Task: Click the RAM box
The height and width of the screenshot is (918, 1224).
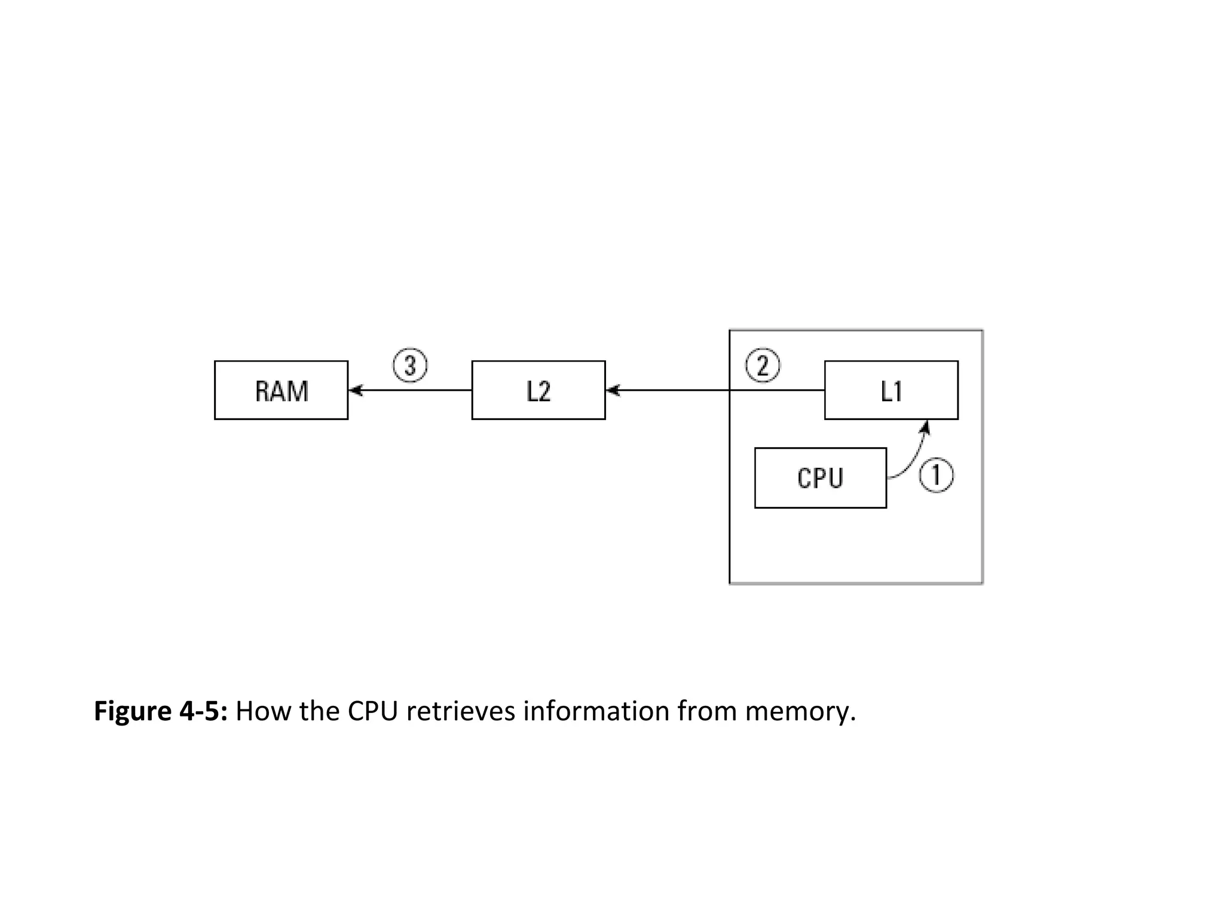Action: pyautogui.click(x=281, y=390)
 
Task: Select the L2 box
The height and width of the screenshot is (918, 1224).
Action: pyautogui.click(x=538, y=390)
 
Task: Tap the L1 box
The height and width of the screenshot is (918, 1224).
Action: pyautogui.click(x=891, y=390)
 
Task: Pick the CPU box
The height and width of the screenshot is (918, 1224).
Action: pyautogui.click(x=820, y=478)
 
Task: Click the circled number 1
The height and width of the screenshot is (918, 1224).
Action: pyautogui.click(x=936, y=476)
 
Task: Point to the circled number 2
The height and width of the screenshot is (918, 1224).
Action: pyautogui.click(x=763, y=365)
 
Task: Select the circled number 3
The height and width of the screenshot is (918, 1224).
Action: pyautogui.click(x=410, y=365)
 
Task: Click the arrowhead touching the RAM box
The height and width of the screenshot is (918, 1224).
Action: pyautogui.click(x=356, y=390)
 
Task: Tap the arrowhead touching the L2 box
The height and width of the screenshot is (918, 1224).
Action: pyautogui.click(x=613, y=390)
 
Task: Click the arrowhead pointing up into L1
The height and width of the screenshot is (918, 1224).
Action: pyautogui.click(x=926, y=426)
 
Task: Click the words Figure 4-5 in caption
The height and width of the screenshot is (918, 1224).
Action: pyautogui.click(x=160, y=711)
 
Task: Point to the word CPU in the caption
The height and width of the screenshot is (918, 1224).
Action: pyautogui.click(x=373, y=711)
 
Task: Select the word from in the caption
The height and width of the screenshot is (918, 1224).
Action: pyautogui.click(x=706, y=711)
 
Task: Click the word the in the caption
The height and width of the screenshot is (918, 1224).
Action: pyautogui.click(x=319, y=711)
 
